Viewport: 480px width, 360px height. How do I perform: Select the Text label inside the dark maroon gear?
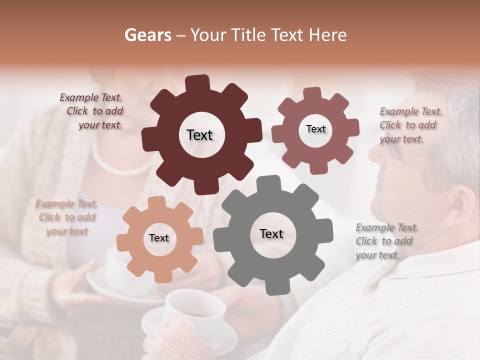[199, 135]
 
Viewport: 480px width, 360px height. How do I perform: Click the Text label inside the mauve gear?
[315, 129]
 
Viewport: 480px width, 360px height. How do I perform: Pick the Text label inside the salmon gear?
[159, 238]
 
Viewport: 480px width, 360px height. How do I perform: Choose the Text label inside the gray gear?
[271, 233]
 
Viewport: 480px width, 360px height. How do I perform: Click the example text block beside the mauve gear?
[410, 125]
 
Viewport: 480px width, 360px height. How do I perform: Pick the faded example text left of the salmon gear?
[67, 217]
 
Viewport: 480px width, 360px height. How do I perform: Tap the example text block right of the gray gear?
[386, 241]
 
